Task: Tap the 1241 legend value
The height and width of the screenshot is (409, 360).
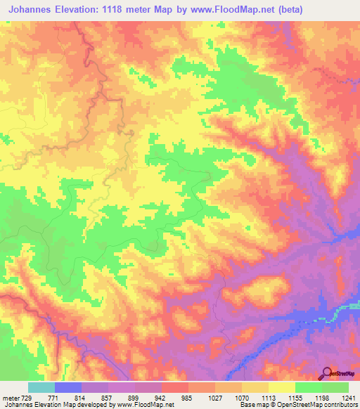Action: (348, 397)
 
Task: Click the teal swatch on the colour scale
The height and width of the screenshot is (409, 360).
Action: (41, 387)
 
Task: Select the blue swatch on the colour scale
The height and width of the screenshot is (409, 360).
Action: (68, 387)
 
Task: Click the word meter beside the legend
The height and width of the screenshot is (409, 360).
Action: (11, 397)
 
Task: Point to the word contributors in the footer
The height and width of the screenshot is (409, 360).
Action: (341, 405)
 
